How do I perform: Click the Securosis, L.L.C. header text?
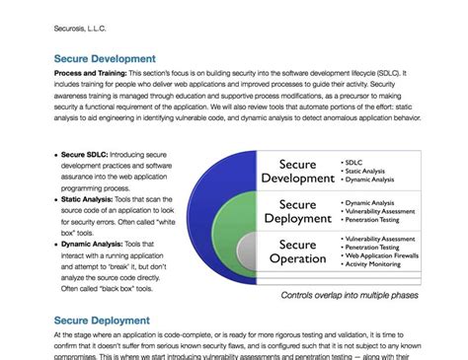[x=83, y=29]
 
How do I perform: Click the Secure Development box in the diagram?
[x=296, y=170]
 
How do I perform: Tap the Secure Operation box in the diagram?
[x=297, y=251]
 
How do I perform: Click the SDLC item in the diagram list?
[x=354, y=159]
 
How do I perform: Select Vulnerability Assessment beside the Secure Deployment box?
[x=380, y=211]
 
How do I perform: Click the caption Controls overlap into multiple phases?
[x=349, y=294]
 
